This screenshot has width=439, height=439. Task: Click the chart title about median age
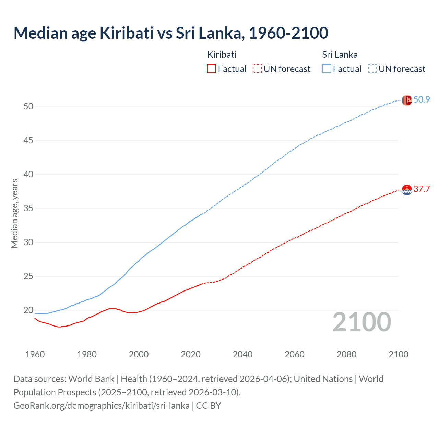(x=171, y=33)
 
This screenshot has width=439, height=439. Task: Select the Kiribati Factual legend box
(x=212, y=69)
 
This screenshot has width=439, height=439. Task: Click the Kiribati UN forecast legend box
(x=257, y=69)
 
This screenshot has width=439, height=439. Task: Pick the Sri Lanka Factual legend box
(x=327, y=69)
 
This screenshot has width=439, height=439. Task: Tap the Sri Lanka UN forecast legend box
(x=372, y=69)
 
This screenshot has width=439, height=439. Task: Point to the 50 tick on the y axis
(x=28, y=107)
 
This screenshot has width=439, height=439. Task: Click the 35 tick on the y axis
(x=28, y=209)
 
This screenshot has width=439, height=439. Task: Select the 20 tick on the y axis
(x=28, y=310)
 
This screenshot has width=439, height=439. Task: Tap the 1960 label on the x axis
(x=35, y=354)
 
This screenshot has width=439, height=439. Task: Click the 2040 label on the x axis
(x=242, y=354)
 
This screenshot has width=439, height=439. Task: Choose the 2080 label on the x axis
(x=346, y=354)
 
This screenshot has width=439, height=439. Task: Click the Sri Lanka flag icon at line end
(x=407, y=100)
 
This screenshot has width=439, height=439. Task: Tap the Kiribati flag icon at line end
(x=407, y=190)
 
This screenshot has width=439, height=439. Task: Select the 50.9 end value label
(x=422, y=100)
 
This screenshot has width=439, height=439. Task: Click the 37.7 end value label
(x=422, y=189)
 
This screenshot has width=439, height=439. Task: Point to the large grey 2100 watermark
(x=361, y=322)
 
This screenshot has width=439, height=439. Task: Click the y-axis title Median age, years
(x=14, y=213)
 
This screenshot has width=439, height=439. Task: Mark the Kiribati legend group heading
(x=222, y=55)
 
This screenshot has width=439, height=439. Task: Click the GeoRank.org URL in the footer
(x=102, y=406)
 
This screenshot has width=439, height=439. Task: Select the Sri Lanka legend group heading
(x=340, y=55)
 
